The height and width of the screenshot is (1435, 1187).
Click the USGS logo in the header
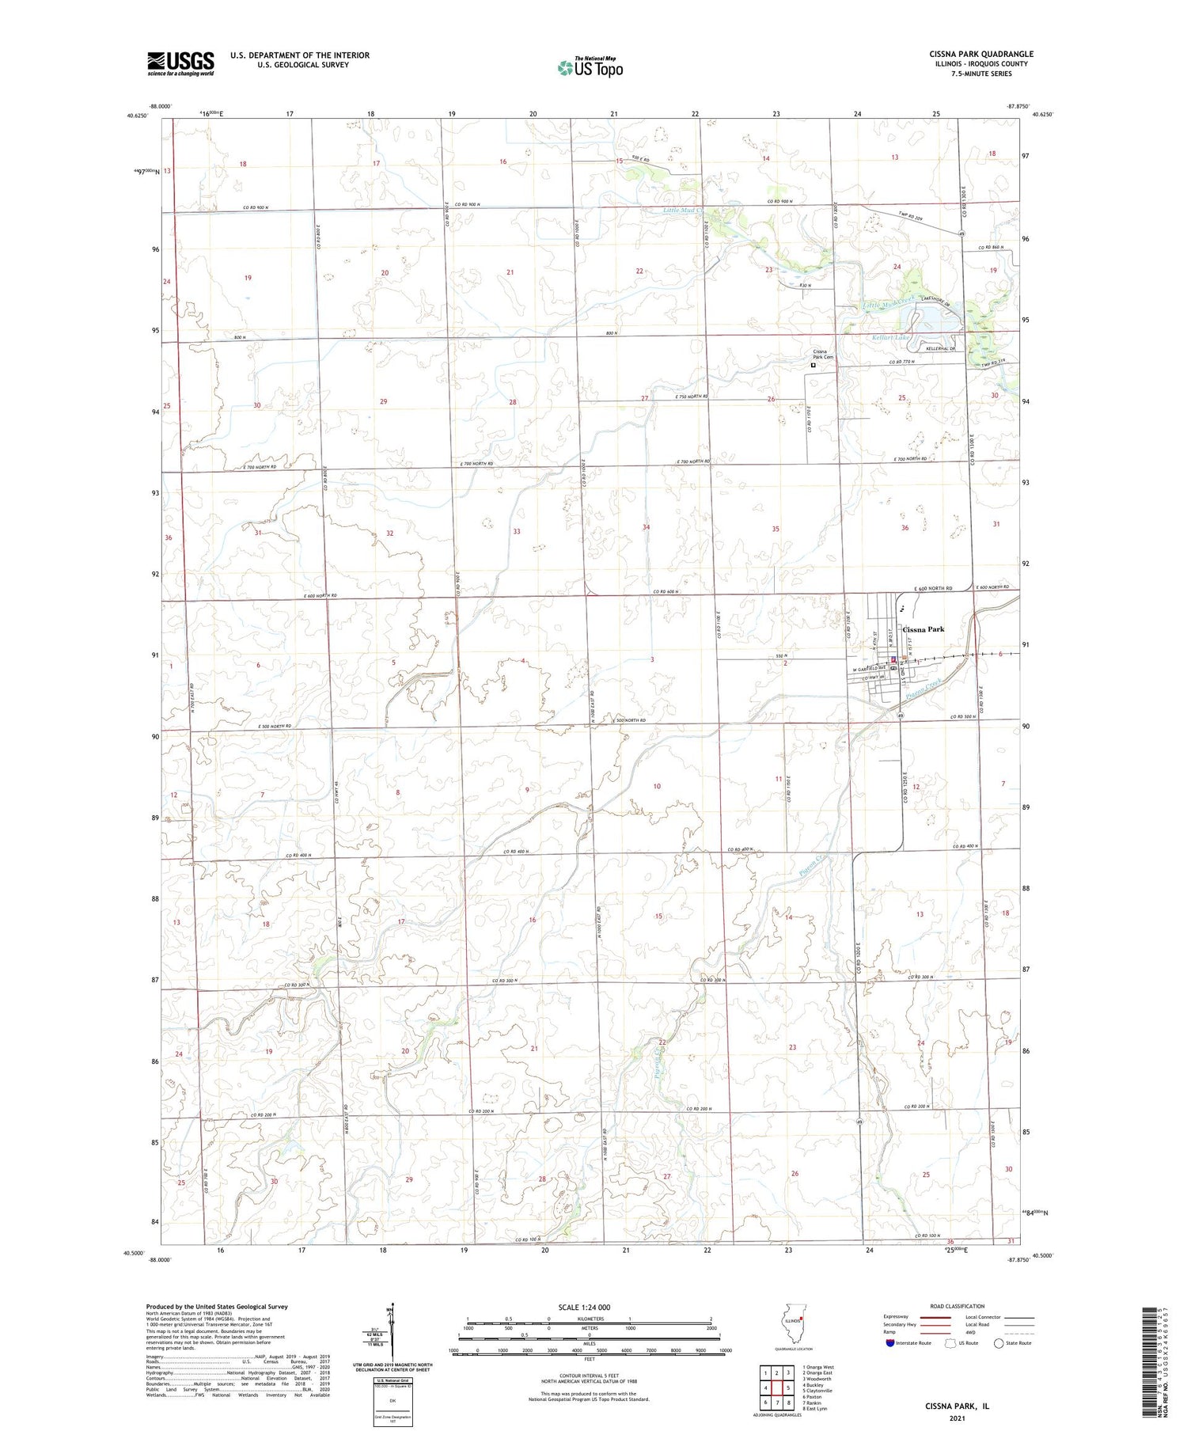pyautogui.click(x=180, y=63)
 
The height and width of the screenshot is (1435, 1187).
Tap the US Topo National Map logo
pyautogui.click(x=590, y=67)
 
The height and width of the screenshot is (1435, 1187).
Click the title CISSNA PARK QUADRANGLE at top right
pyautogui.click(x=981, y=55)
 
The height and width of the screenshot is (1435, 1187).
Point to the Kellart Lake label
pyautogui.click(x=891, y=337)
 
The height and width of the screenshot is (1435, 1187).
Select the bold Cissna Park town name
pyautogui.click(x=918, y=630)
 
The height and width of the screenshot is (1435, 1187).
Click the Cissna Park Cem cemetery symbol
pyautogui.click(x=813, y=366)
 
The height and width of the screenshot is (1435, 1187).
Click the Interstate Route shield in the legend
pyautogui.click(x=889, y=1342)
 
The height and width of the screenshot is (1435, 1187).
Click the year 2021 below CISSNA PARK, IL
pyautogui.click(x=957, y=1417)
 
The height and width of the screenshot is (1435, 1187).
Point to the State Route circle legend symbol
pyautogui.click(x=999, y=1342)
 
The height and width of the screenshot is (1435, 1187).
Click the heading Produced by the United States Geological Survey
pyautogui.click(x=217, y=1307)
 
